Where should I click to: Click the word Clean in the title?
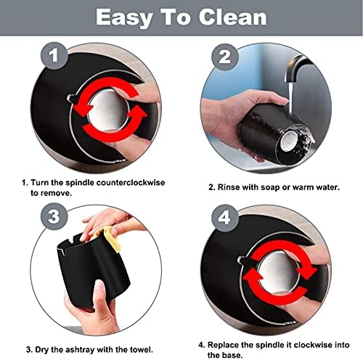coord(232,17)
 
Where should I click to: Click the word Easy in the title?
coord(124,18)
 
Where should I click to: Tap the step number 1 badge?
coord(54,56)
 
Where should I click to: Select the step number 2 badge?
coord(225,57)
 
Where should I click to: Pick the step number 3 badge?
coord(54,216)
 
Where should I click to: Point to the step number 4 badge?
coord(225,218)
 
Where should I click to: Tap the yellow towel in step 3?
coord(110,238)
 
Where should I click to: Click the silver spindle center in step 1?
coord(108,111)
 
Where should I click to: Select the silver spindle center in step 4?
coord(277,271)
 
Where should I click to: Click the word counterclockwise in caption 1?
coord(131,182)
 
